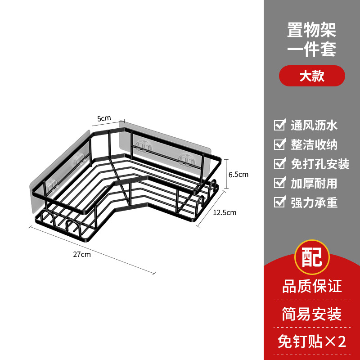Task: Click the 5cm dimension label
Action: pos(104,118)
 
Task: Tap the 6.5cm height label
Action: pos(239,174)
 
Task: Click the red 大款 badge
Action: pos(312,76)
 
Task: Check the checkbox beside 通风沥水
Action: pos(280,125)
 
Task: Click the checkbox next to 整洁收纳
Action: pos(280,144)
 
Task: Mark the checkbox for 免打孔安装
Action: pos(280,163)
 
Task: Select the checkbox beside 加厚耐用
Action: pos(280,183)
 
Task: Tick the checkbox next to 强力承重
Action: pos(280,202)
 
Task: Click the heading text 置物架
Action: pos(312,30)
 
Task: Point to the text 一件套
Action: pos(312,49)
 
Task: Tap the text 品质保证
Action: pos(312,286)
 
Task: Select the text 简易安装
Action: pos(312,314)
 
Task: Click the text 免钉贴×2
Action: pos(312,342)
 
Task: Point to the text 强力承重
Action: pos(314,202)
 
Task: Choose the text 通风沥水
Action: pos(314,125)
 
